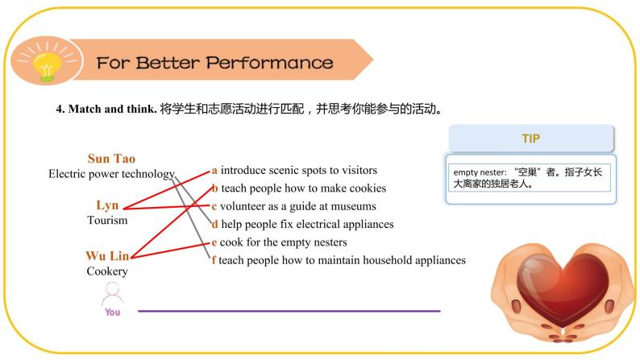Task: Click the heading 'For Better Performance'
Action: point(214,63)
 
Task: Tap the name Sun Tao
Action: point(111,159)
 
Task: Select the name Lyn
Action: point(107,205)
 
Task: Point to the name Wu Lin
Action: point(107,256)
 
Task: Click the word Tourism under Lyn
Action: point(107,220)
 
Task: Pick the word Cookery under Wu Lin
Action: point(107,271)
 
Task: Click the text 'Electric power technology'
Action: point(111,173)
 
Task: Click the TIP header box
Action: point(530,139)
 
